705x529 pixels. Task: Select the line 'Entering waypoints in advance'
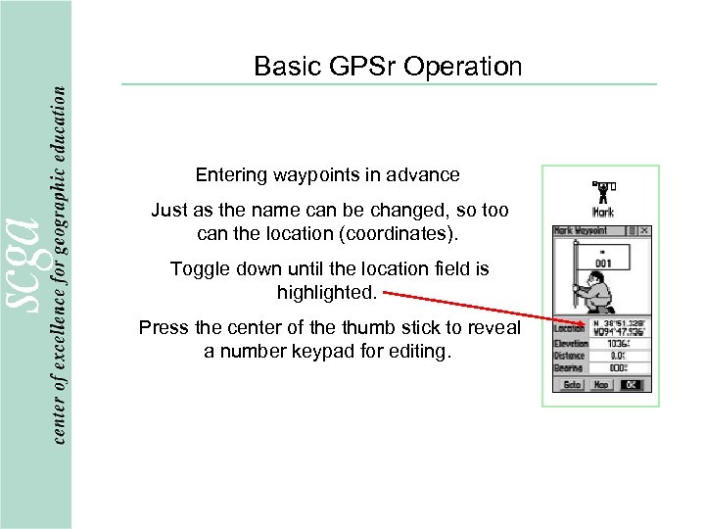tap(327, 175)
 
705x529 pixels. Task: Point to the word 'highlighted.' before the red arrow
tap(326, 293)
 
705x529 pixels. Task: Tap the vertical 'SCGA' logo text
tap(27, 264)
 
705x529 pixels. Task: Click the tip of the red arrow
tap(593, 323)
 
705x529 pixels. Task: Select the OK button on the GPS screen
tap(632, 385)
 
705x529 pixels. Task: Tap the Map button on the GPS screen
tap(600, 385)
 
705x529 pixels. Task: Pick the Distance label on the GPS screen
tap(570, 357)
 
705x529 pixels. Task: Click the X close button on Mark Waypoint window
tap(646, 231)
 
